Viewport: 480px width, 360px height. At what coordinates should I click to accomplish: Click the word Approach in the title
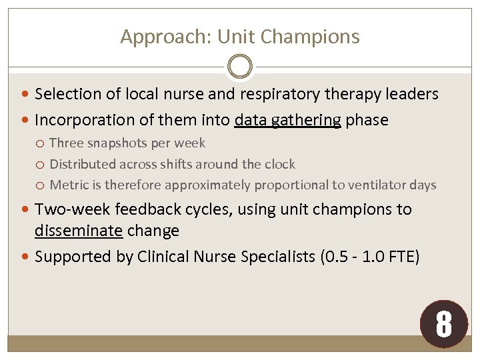click(x=153, y=37)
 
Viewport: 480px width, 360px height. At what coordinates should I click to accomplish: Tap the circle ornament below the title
click(x=240, y=67)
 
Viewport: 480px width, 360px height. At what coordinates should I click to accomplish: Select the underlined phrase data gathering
click(x=288, y=121)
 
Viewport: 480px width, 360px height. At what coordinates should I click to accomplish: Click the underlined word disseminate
click(x=78, y=231)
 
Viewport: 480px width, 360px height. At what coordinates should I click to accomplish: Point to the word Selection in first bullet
click(x=66, y=95)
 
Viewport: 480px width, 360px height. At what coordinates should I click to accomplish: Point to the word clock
click(x=279, y=164)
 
